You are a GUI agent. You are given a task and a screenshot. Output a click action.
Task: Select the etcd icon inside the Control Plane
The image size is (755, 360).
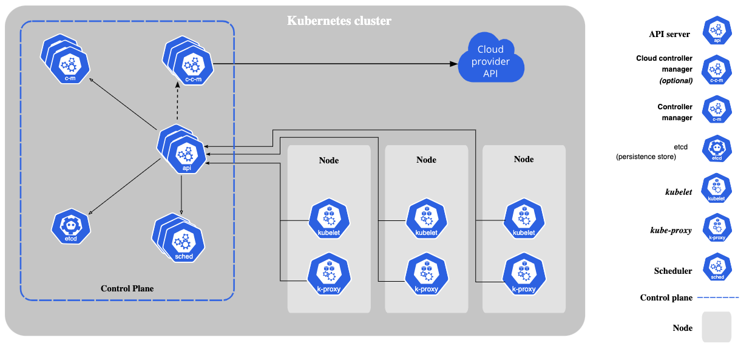pos(71,226)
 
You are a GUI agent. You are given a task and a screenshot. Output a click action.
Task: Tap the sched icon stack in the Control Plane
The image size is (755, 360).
pos(178,237)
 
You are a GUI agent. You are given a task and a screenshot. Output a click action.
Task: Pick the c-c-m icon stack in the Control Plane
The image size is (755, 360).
pos(188,61)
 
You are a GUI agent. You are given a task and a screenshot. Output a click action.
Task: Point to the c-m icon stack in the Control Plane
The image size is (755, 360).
pos(66,59)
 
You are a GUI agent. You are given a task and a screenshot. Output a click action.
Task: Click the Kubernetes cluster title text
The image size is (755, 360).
pos(339,21)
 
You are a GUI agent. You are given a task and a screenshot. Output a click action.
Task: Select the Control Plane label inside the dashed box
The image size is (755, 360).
pos(127,288)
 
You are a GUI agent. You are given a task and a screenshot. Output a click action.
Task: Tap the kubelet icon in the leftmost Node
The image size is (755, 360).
pos(329,219)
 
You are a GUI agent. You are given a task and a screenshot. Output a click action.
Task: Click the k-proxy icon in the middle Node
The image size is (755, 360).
pos(427,274)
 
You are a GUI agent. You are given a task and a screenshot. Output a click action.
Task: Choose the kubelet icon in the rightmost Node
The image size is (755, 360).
pos(524,219)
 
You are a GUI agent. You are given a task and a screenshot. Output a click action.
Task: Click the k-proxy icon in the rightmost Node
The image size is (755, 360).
pos(524,274)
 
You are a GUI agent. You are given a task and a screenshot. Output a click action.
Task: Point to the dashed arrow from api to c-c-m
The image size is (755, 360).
pos(177,101)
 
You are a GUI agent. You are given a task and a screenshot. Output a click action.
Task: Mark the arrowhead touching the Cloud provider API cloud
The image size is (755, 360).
pos(454,64)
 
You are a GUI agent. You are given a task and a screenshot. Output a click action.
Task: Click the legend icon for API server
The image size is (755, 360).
pos(717,30)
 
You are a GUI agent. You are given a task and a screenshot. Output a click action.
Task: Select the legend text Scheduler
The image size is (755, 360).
pos(672,271)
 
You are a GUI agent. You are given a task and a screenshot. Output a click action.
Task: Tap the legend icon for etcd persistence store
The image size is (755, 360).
pos(717,149)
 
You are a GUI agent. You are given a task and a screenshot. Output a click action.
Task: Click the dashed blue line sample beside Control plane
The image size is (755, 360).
pos(718,297)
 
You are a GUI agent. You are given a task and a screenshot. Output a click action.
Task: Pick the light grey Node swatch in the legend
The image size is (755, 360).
pos(717,327)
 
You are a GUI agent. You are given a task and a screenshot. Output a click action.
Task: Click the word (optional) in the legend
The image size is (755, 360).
pos(675,81)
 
